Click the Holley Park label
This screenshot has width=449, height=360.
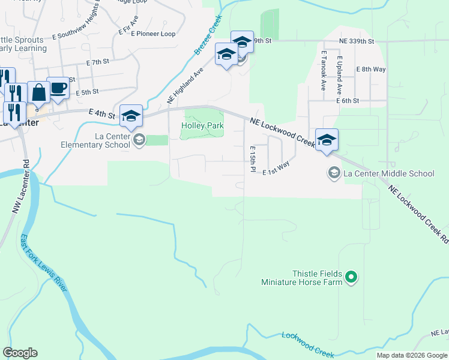(x=203, y=125)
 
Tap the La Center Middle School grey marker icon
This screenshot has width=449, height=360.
(x=334, y=173)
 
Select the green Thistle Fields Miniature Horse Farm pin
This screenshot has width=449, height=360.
(x=352, y=277)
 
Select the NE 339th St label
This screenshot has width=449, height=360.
(x=356, y=41)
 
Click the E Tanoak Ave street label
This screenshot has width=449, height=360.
(x=323, y=70)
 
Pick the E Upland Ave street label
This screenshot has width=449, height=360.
(x=339, y=76)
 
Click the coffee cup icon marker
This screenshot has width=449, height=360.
(x=58, y=88)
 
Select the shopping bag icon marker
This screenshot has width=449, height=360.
(x=38, y=92)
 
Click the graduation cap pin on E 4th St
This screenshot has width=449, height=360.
(x=131, y=116)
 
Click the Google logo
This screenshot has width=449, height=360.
(x=20, y=353)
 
